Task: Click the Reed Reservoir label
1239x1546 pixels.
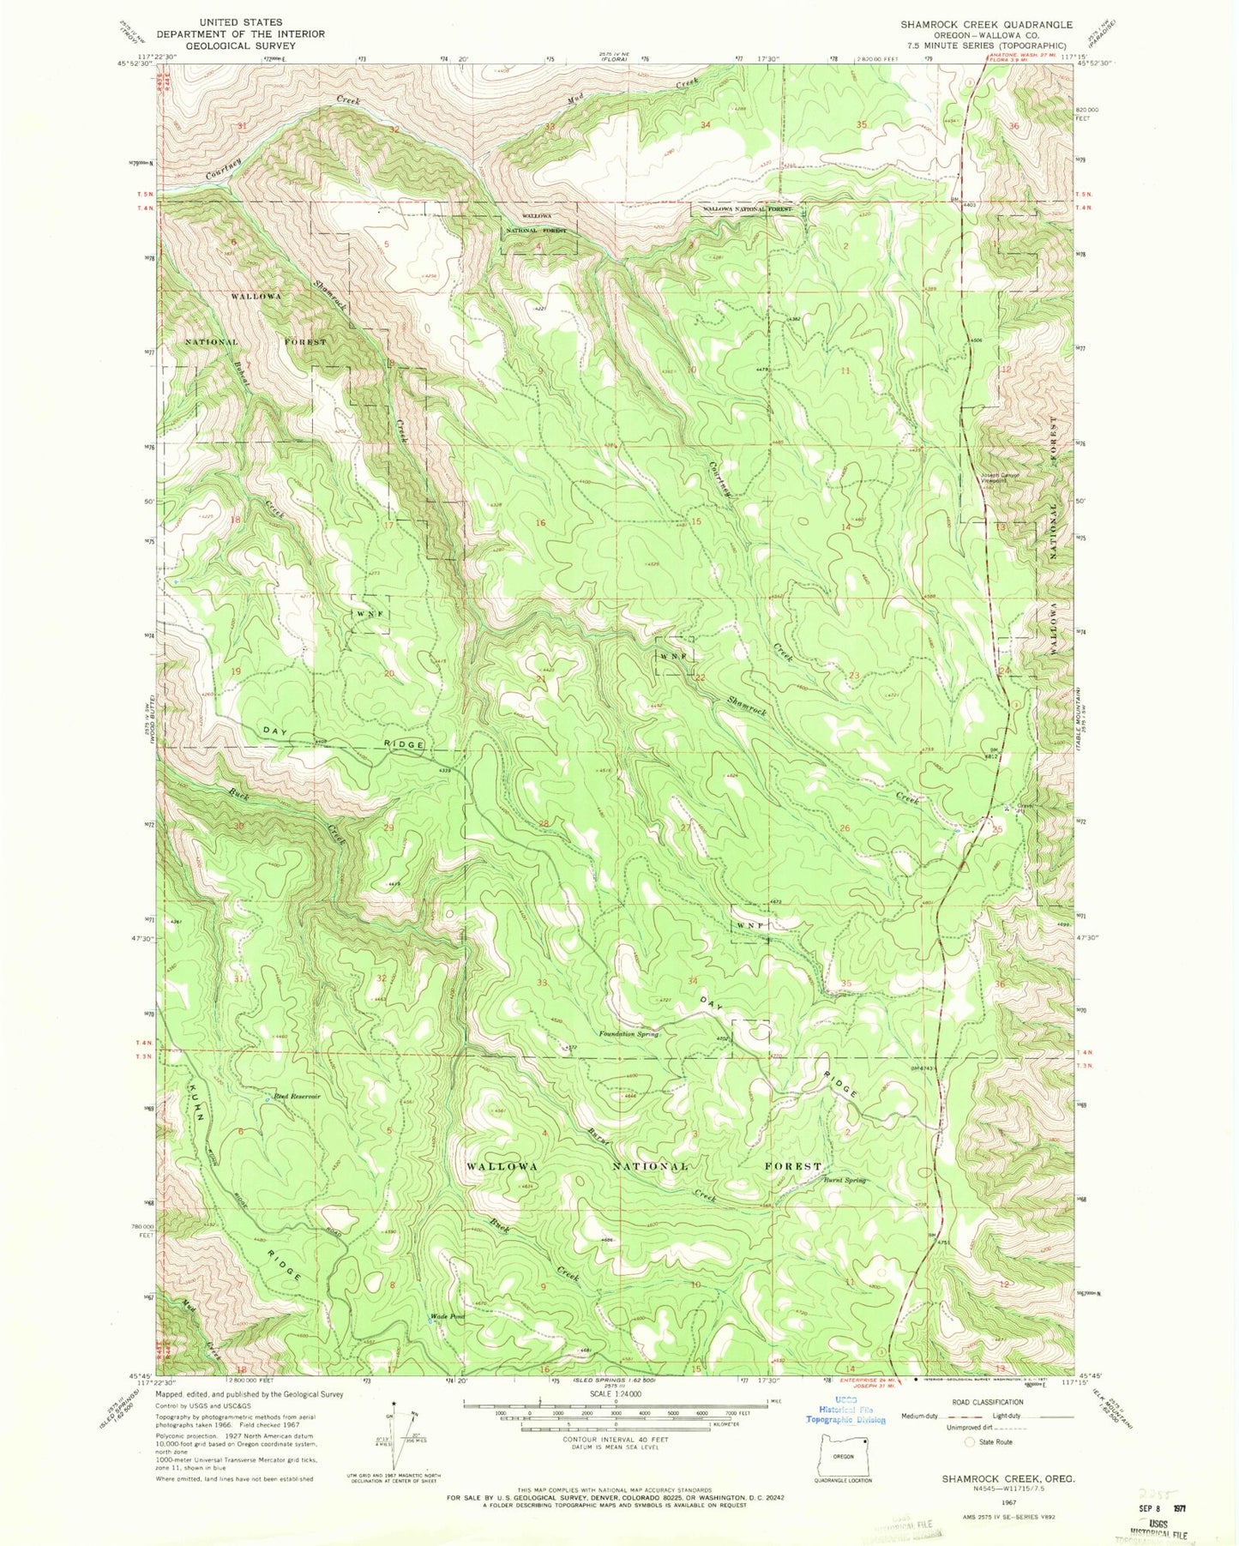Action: point(297,1096)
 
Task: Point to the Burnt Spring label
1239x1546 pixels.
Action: point(845,1180)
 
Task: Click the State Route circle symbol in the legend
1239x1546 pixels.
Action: point(970,1441)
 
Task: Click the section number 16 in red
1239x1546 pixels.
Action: point(540,522)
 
